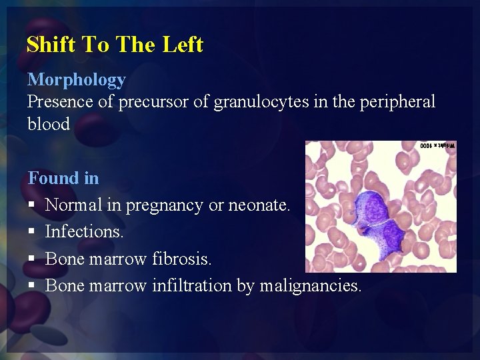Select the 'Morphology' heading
76,80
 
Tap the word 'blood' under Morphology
48,125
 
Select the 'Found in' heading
63,178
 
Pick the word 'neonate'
259,205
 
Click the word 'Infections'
84,232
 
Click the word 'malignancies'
311,286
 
